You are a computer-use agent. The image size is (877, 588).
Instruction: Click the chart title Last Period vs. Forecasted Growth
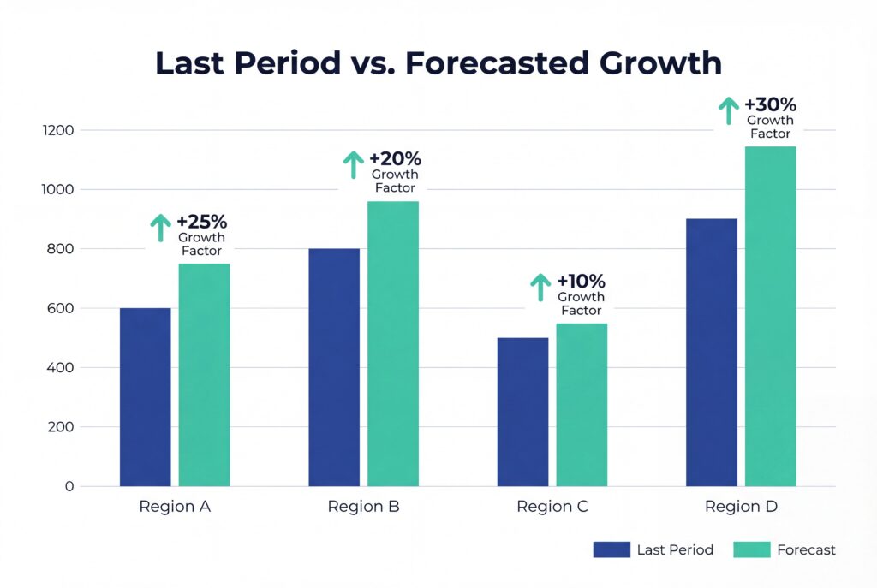(x=438, y=64)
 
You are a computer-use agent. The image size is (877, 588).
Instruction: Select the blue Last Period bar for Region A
(x=145, y=397)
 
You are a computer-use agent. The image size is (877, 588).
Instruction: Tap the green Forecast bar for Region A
(x=204, y=375)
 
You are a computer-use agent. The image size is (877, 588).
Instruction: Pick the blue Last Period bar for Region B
(x=334, y=367)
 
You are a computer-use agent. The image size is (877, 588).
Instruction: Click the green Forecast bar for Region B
(x=393, y=344)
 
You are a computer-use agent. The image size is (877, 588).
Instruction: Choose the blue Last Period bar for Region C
(x=522, y=412)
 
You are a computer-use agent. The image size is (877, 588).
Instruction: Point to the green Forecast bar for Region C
(x=582, y=405)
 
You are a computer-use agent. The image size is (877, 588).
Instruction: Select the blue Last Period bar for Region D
(x=711, y=353)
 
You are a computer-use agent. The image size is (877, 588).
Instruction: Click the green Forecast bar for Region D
(x=770, y=317)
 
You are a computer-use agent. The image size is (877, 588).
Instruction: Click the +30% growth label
(x=771, y=105)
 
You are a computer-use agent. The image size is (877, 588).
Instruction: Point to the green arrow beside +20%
(x=353, y=164)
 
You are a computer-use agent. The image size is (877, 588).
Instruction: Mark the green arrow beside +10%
(x=540, y=287)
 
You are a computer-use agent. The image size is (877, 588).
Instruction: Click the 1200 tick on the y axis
(x=61, y=130)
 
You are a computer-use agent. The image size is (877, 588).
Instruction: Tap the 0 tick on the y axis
(x=70, y=486)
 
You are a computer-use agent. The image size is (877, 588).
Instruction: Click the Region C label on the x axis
(x=552, y=507)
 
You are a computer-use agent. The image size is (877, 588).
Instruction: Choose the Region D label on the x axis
(x=741, y=507)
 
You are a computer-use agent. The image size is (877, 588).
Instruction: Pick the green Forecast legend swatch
(x=751, y=549)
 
